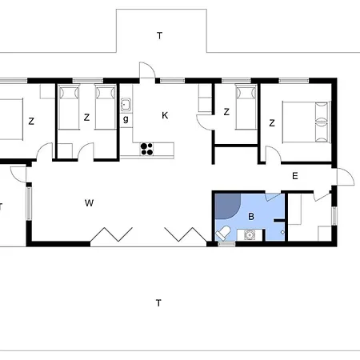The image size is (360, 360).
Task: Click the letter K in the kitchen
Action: [x=165, y=115]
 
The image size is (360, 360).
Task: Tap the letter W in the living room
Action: [x=89, y=203]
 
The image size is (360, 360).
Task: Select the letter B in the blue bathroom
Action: [x=251, y=216]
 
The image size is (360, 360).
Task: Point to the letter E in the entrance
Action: [x=295, y=176]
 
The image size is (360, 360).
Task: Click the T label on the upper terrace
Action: [x=159, y=35]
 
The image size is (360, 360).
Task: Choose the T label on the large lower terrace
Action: [x=158, y=303]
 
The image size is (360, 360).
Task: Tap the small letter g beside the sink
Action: [x=126, y=119]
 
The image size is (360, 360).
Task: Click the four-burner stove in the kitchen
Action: [x=146, y=149]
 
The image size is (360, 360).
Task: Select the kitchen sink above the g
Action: [x=126, y=105]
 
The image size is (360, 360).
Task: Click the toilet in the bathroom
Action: [x=223, y=233]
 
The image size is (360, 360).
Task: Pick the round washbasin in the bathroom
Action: [x=250, y=235]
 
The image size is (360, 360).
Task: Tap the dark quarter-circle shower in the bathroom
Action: [x=226, y=205]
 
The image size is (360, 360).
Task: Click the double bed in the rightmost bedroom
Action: [x=306, y=122]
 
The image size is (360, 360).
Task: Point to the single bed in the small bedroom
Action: [x=246, y=106]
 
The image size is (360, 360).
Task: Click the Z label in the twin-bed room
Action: [x=86, y=118]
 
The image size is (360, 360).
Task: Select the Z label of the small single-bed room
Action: [x=226, y=112]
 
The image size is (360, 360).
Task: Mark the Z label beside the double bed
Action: [x=272, y=123]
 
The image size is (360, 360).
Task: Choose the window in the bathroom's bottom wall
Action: [x=226, y=243]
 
